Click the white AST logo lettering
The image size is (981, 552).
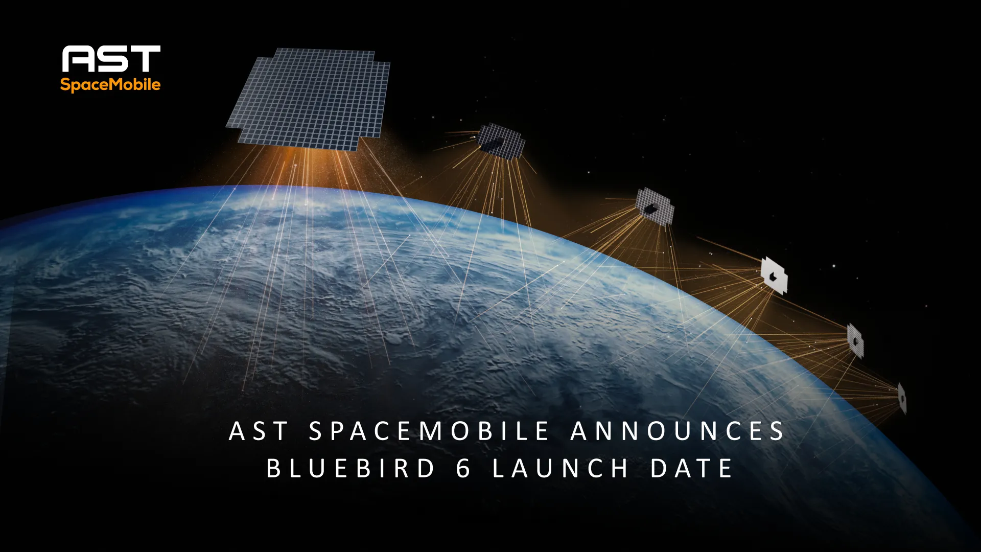tap(111, 59)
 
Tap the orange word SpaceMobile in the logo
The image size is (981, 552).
tap(110, 84)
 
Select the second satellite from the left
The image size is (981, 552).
tap(501, 141)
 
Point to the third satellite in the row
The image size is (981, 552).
tap(655, 206)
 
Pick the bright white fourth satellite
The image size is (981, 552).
tap(774, 275)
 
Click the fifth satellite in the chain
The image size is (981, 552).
tap(855, 340)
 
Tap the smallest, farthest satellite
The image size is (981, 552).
tap(902, 398)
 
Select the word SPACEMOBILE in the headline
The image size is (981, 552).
tap(429, 431)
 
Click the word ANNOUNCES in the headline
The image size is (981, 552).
tap(678, 431)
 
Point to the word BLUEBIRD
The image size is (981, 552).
tap(351, 468)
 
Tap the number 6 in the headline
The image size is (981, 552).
tap(463, 468)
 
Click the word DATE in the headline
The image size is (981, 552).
tap(692, 468)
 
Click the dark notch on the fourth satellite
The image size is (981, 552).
tap(772, 277)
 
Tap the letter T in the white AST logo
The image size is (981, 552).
tap(145, 59)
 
